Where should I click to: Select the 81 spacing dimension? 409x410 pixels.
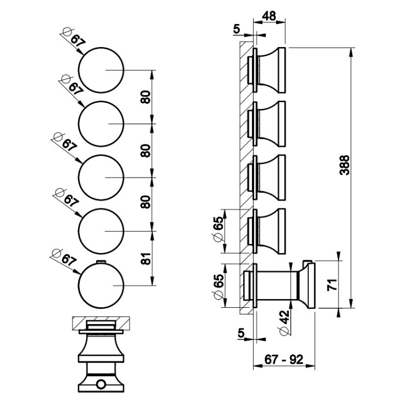tap(145, 258)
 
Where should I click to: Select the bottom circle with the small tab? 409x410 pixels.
tap(101, 285)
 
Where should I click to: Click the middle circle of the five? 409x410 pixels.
tap(101, 178)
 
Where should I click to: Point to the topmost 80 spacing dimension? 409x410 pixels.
tap(145, 97)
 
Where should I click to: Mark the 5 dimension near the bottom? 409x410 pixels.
tap(241, 332)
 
